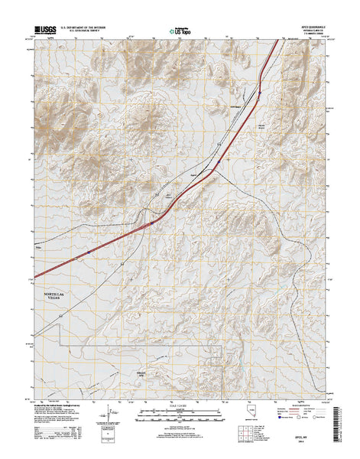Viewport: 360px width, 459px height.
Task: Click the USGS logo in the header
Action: click(44, 31)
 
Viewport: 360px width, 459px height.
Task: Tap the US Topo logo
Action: click(179, 32)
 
